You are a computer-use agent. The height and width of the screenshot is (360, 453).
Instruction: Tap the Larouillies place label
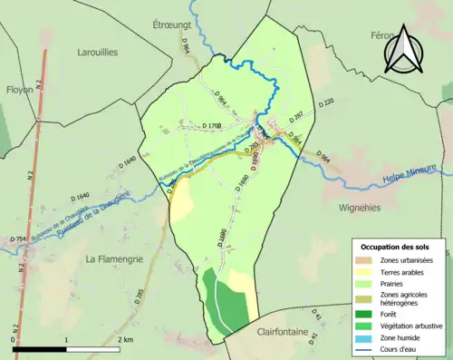pyautogui.click(x=98, y=53)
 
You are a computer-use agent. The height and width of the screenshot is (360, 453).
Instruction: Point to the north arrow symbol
pyautogui.click(x=403, y=49)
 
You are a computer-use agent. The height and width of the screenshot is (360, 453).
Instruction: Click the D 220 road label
pyautogui.click(x=327, y=102)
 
